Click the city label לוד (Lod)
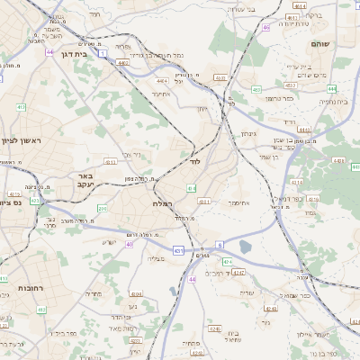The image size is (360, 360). (x=195, y=162)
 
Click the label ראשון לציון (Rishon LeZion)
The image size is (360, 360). (x=22, y=139)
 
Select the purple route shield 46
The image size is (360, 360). (x=266, y=27)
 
